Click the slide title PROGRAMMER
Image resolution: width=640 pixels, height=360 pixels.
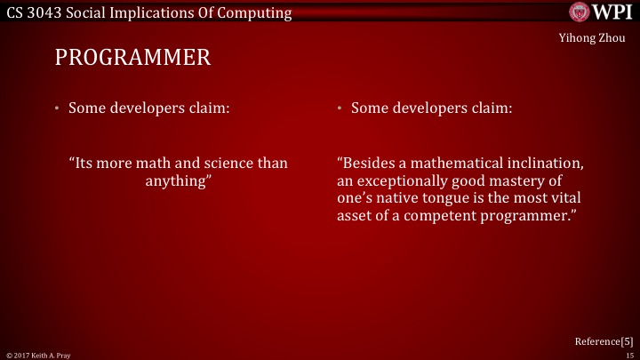coord(132,60)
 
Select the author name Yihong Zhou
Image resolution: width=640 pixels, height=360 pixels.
coord(585,37)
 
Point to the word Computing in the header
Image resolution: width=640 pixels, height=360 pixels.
coord(259,12)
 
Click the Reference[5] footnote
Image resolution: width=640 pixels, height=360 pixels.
coord(604,340)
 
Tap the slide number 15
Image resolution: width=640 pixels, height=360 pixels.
coord(629,355)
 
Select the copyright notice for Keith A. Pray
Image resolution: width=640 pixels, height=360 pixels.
coord(38,355)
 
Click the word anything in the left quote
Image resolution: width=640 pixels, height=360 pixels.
coord(178,181)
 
